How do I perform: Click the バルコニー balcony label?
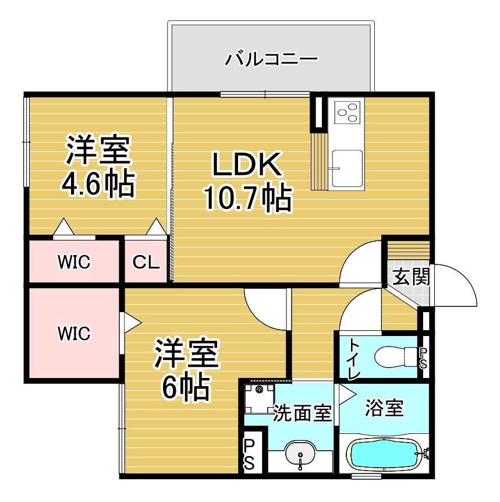click(x=271, y=59)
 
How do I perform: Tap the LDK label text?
click(x=247, y=164)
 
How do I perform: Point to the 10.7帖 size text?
click(x=248, y=198)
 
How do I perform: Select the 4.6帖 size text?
click(x=98, y=185)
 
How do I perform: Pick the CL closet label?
click(x=146, y=262)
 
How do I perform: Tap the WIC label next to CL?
click(x=74, y=262)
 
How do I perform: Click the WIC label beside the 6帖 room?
click(x=74, y=334)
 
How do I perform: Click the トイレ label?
click(x=354, y=359)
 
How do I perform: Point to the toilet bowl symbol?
click(x=396, y=356)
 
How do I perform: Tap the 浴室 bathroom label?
click(x=384, y=408)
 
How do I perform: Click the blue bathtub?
click(x=385, y=455)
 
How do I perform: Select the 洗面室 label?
click(x=302, y=413)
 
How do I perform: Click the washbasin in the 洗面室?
click(x=300, y=454)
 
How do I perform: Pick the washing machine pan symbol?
click(x=259, y=397)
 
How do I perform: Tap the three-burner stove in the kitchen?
click(x=347, y=111)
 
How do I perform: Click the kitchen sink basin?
click(x=347, y=168)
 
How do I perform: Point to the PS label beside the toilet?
click(x=423, y=358)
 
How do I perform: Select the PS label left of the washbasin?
click(x=249, y=454)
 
